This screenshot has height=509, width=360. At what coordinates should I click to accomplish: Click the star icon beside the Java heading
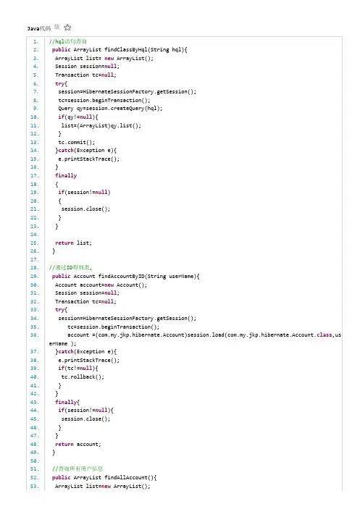click(67, 28)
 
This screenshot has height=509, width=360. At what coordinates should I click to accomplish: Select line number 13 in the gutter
click(35, 142)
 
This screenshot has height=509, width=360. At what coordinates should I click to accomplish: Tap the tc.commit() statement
click(77, 142)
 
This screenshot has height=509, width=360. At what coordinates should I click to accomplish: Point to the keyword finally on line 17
click(66, 176)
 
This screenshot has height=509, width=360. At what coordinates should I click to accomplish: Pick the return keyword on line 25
click(64, 243)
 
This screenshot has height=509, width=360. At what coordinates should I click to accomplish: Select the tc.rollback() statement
click(83, 377)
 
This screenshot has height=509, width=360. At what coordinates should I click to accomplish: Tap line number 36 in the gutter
click(35, 335)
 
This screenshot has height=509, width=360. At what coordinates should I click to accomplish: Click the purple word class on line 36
click(325, 335)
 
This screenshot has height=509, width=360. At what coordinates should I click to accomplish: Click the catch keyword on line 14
click(66, 151)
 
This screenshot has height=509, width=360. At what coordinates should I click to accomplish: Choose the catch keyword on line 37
click(66, 352)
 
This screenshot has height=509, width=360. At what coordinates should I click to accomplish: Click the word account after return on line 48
click(88, 444)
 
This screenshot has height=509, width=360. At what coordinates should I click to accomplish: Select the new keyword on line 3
click(109, 59)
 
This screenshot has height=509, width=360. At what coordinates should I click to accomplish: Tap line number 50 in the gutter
click(35, 461)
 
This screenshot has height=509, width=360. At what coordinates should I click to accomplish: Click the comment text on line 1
click(68, 41)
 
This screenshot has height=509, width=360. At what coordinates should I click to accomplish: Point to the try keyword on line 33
click(59, 310)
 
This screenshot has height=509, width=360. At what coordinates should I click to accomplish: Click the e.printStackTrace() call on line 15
click(89, 159)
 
